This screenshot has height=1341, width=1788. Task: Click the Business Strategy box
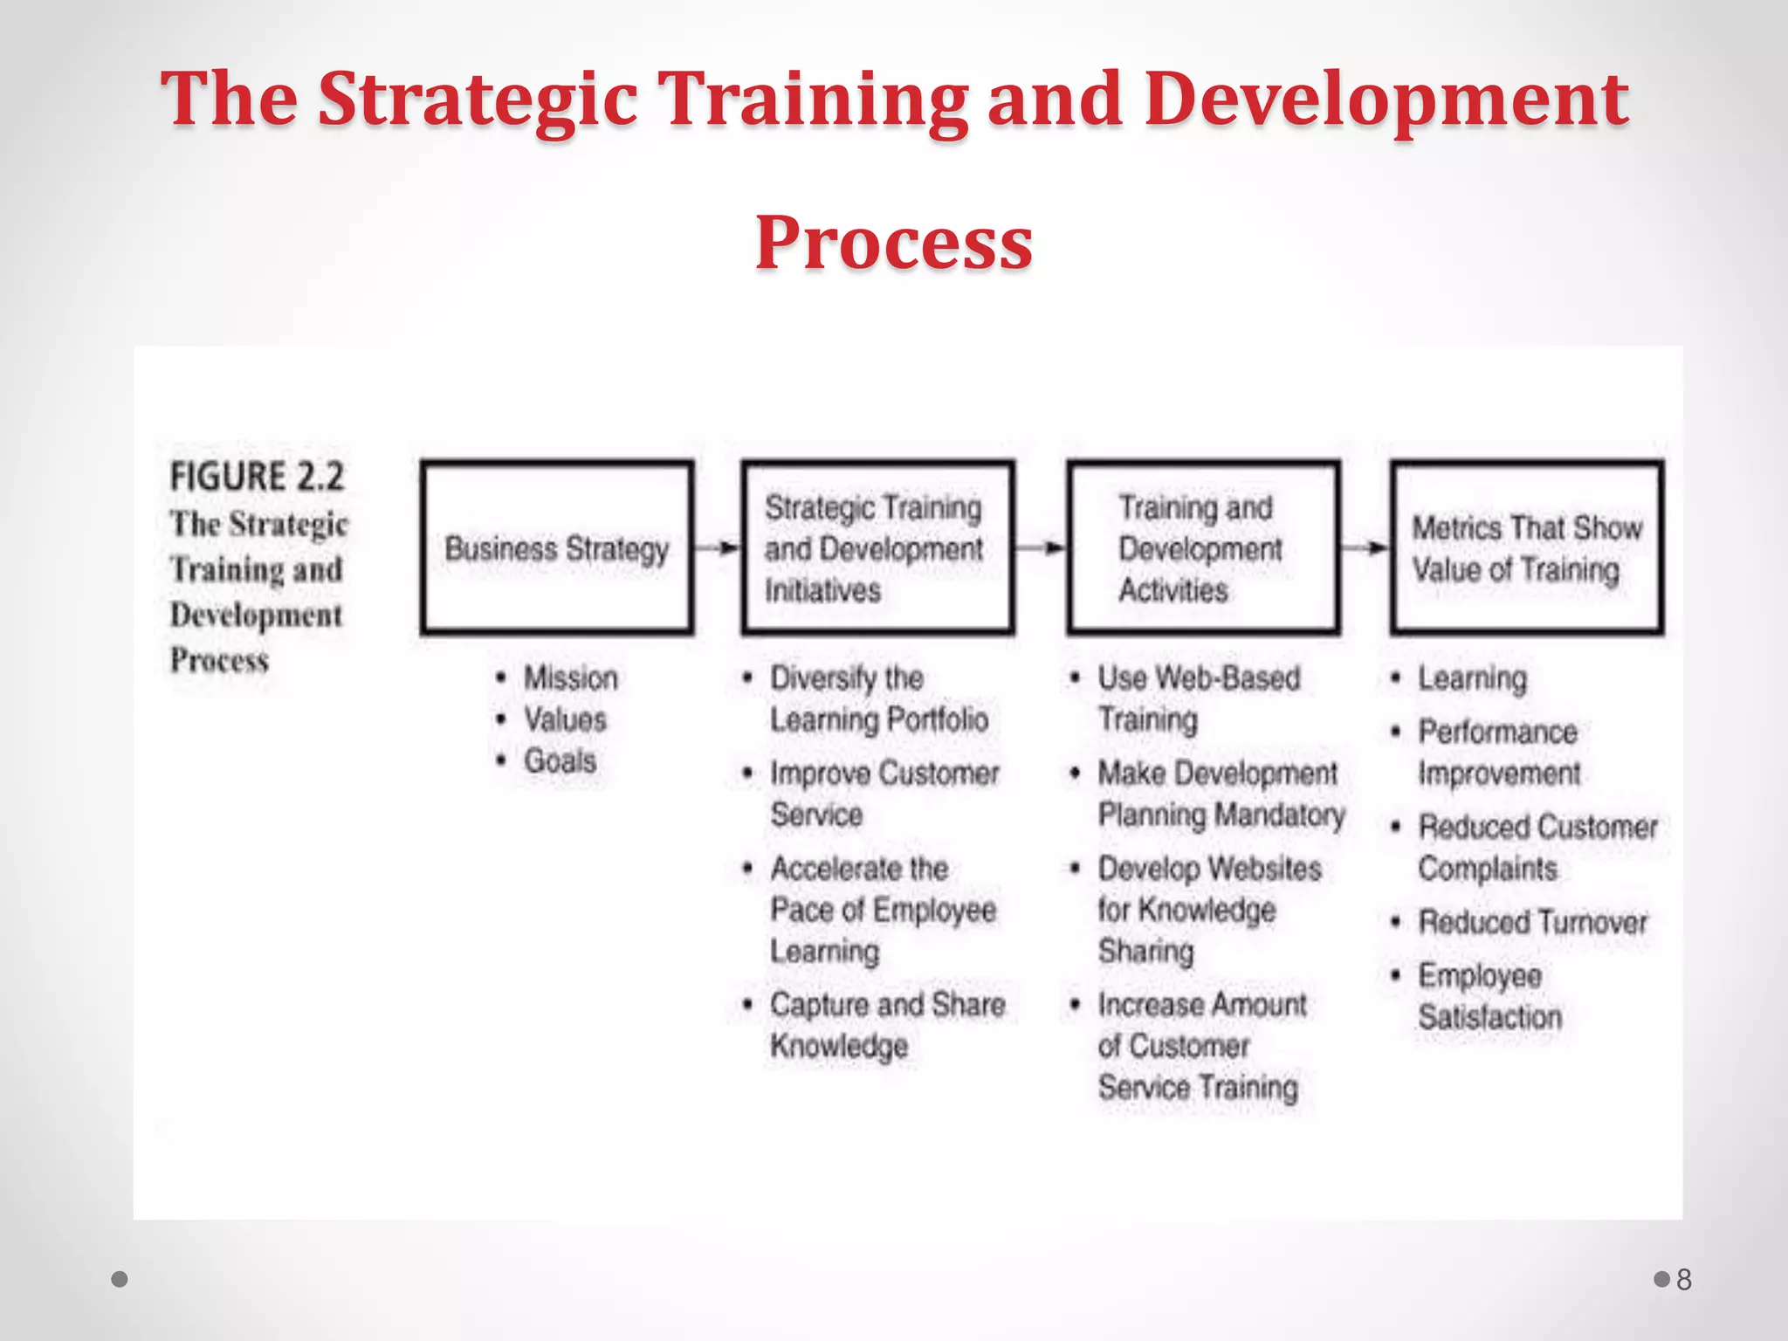[557, 547]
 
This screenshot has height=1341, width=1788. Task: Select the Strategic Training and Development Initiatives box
[877, 547]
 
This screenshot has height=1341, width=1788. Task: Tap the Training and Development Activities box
[1203, 547]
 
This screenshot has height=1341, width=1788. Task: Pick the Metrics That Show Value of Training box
[1527, 547]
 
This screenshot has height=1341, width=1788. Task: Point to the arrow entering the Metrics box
[1365, 548]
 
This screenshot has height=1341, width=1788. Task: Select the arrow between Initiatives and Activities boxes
[1041, 548]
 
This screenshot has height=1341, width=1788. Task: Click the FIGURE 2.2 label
[257, 477]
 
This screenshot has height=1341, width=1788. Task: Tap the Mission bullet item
[570, 678]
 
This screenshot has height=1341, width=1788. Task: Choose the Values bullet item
[565, 719]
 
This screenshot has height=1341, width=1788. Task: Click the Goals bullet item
[560, 760]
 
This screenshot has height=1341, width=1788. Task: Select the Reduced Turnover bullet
[1532, 922]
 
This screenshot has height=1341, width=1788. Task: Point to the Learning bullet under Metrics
[1472, 678]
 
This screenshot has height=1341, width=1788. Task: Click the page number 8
[1684, 1280]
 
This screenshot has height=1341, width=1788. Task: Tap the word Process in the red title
[894, 242]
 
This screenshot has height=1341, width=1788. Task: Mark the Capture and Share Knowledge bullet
[886, 1025]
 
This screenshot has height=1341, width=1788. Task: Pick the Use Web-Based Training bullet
[1198, 698]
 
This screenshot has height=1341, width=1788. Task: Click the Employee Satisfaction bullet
[1489, 996]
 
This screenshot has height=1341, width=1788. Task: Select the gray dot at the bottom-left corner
[120, 1279]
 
